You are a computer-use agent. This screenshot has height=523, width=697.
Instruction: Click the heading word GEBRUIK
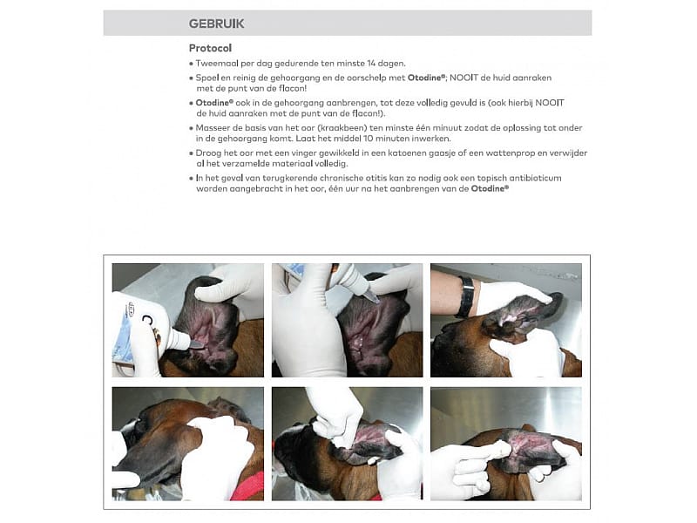point(216,23)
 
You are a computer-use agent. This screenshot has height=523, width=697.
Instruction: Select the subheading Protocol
point(210,48)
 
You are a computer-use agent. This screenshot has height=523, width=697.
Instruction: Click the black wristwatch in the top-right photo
point(466,297)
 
